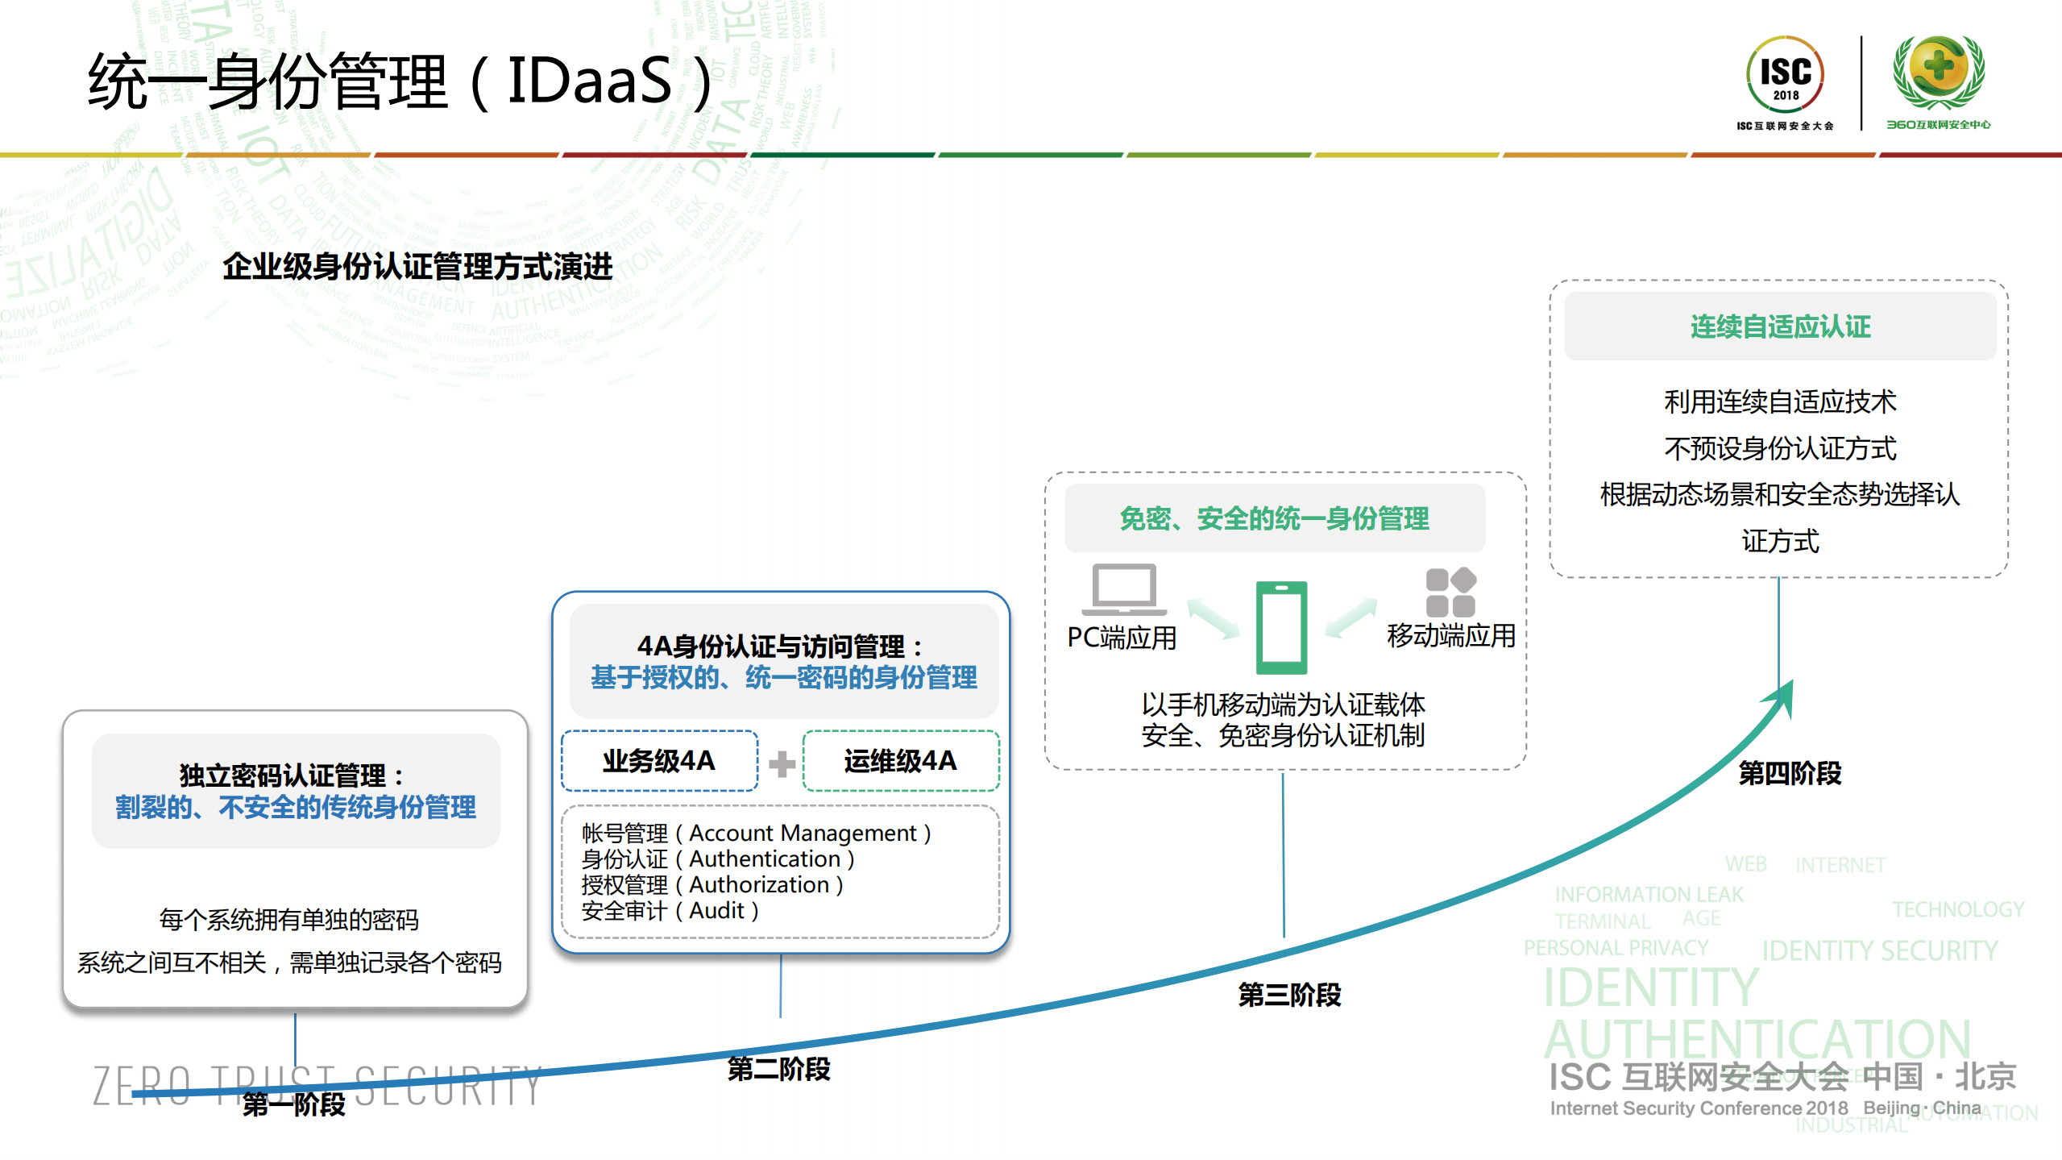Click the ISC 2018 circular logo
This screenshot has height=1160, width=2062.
[x=1785, y=74]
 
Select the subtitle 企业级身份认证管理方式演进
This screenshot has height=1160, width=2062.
[x=417, y=267]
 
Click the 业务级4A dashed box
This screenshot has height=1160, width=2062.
[x=659, y=761]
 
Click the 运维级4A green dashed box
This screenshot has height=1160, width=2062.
[x=901, y=761]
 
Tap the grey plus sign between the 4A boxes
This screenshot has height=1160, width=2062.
[x=781, y=763]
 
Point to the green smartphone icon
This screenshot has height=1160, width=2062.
[x=1281, y=627]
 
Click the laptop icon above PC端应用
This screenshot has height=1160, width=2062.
[x=1123, y=588]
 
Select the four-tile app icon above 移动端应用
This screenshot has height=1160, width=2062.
[x=1450, y=592]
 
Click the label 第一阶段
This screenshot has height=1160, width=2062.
[x=294, y=1104]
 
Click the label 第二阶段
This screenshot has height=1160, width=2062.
[x=778, y=1069]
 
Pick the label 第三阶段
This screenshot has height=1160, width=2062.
[x=1289, y=995]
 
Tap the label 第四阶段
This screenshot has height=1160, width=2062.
[x=1790, y=773]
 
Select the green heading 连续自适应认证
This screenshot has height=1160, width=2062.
[x=1780, y=326]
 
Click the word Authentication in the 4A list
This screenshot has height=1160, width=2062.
[x=764, y=859]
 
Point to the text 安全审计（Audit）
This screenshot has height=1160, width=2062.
[x=670, y=911]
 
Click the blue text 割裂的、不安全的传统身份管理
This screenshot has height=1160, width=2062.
[x=296, y=807]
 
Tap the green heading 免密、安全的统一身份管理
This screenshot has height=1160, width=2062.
[x=1274, y=518]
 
